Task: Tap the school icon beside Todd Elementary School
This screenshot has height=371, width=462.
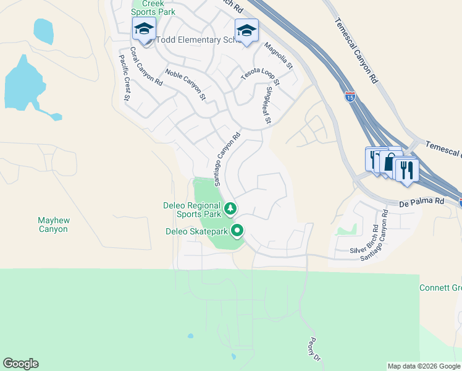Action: (x=144, y=29)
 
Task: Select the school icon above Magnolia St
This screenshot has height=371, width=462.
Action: (x=246, y=30)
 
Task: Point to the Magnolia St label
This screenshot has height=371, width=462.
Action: (x=278, y=54)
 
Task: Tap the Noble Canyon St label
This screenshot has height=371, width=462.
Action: (x=185, y=85)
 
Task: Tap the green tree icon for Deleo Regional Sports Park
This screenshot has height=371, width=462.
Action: (x=230, y=209)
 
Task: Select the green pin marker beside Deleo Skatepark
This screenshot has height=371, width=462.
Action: (x=237, y=231)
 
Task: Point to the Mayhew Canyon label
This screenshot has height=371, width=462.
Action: (x=52, y=224)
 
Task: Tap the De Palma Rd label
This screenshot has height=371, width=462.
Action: (x=422, y=202)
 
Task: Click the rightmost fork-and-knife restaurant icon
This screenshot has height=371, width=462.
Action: (x=406, y=169)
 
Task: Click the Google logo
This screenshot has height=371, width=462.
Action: (x=20, y=364)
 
